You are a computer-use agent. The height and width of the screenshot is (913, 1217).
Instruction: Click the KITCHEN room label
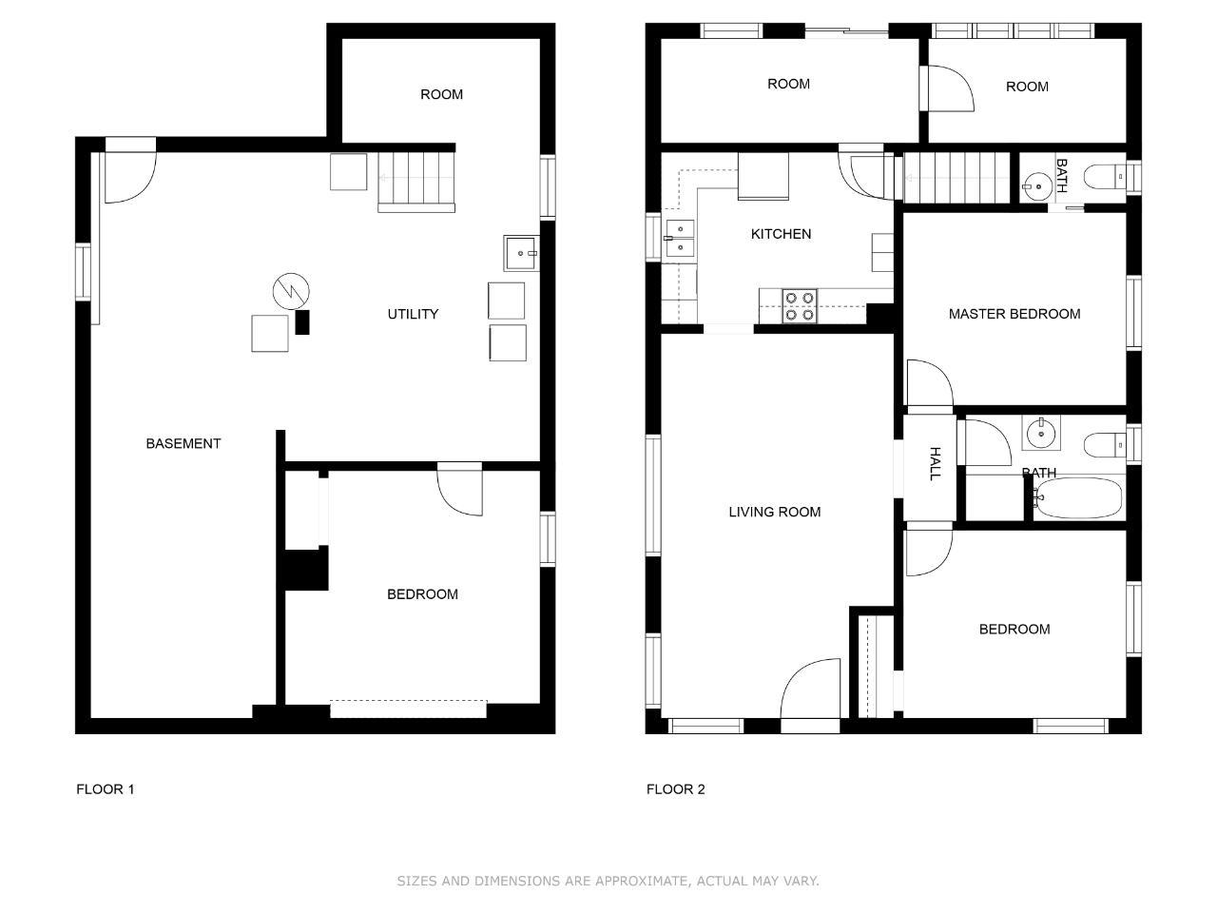781,234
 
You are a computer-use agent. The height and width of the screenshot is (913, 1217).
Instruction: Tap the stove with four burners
800,306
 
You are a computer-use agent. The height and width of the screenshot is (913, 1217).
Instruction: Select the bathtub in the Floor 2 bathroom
1079,497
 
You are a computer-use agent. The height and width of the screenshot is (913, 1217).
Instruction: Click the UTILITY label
413,314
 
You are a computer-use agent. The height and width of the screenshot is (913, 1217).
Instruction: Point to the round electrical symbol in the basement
291,291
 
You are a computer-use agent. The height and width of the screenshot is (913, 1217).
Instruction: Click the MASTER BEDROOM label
1014,314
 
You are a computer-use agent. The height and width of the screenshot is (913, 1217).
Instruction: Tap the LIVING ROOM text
775,512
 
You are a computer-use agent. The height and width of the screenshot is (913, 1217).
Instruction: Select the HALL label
935,463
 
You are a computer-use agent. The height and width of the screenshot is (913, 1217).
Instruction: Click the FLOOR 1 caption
106,789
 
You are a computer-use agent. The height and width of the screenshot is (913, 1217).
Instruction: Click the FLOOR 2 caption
675,789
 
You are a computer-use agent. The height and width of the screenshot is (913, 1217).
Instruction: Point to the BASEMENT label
184,443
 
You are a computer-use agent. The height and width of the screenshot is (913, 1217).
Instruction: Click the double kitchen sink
680,239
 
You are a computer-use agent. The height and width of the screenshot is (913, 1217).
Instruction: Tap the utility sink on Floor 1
521,253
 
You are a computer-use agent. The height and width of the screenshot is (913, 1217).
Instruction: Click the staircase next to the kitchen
956,178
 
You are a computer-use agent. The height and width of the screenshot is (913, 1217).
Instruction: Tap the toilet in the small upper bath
1105,177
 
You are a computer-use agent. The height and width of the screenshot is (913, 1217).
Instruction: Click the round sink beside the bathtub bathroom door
1041,434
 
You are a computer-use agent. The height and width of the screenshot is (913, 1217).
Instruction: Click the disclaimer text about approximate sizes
608,881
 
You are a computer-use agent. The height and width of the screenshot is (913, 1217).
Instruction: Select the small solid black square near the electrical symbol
302,322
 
